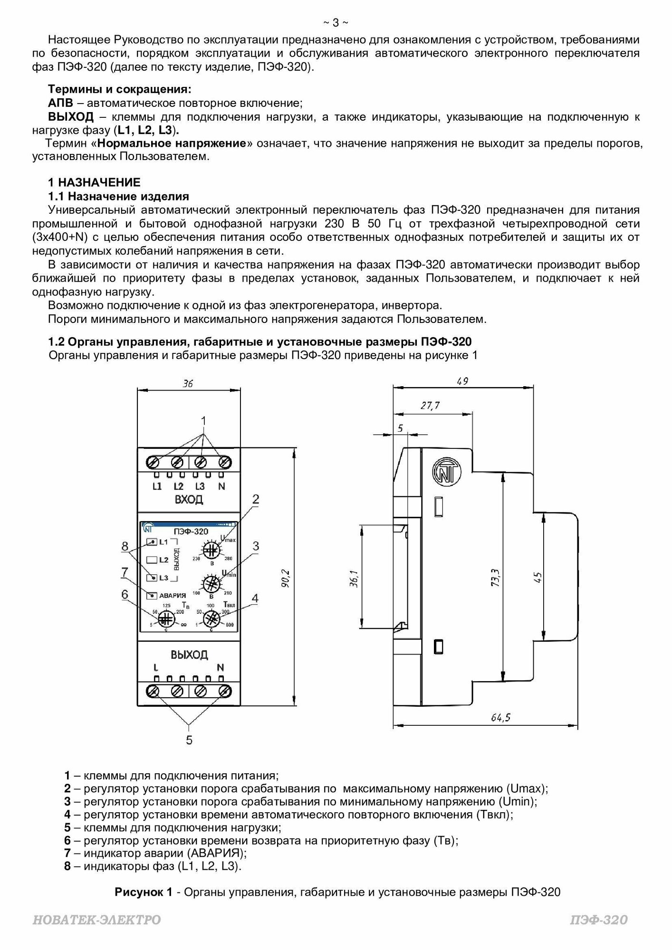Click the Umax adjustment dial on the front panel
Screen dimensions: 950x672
point(211,551)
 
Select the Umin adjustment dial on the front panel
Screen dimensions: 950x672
point(211,583)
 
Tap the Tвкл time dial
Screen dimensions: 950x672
point(212,618)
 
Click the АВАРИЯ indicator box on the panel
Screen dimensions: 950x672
point(152,595)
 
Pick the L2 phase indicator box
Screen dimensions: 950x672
point(152,560)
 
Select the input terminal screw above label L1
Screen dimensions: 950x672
point(154,462)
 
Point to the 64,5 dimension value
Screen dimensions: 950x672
point(500,717)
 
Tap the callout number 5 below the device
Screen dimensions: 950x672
point(189,740)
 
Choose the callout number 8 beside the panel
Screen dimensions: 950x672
point(125,546)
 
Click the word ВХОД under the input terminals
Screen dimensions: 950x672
point(189,499)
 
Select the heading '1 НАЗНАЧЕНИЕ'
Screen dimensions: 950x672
point(94,182)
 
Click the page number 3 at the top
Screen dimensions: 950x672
point(336,22)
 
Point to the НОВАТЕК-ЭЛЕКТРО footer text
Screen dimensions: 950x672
point(96,920)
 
